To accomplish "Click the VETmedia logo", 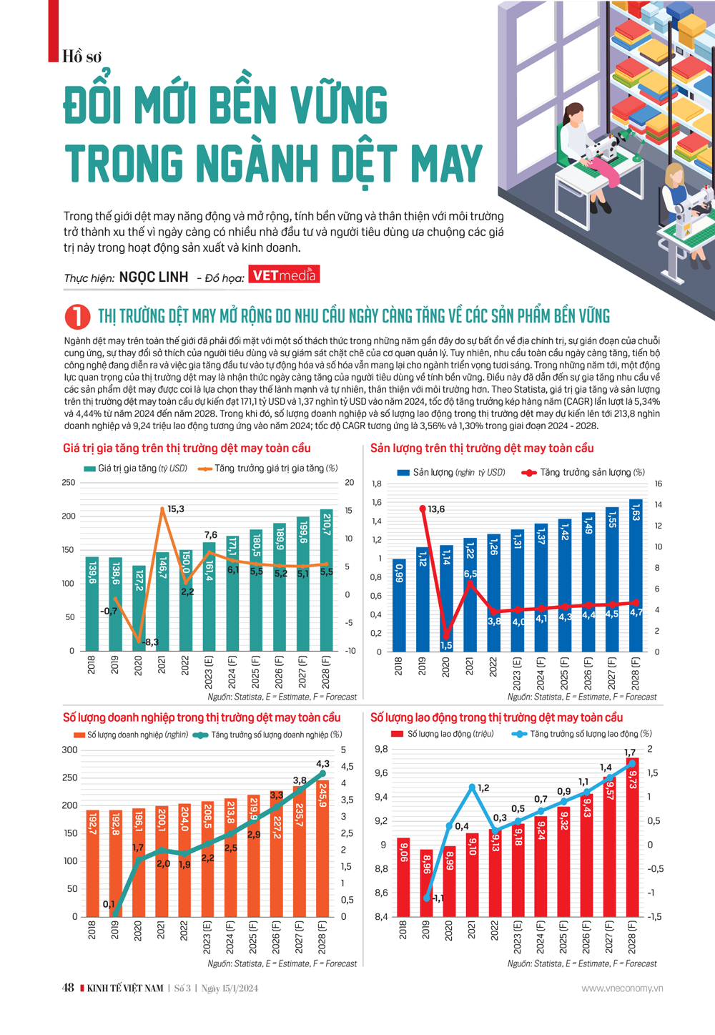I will (x=284, y=275).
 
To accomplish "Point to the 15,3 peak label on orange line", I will (x=175, y=509).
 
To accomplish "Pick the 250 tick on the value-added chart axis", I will (x=68, y=483).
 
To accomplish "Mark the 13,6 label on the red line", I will (x=435, y=509).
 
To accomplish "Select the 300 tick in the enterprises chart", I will (x=69, y=750).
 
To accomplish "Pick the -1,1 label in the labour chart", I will (x=438, y=898).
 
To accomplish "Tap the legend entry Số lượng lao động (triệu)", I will (x=443, y=734).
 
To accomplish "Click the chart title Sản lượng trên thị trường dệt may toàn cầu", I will (x=482, y=448).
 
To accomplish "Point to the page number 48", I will (x=68, y=989).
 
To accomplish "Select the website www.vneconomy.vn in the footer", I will (x=622, y=989).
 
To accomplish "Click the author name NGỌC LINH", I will (x=154, y=277).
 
